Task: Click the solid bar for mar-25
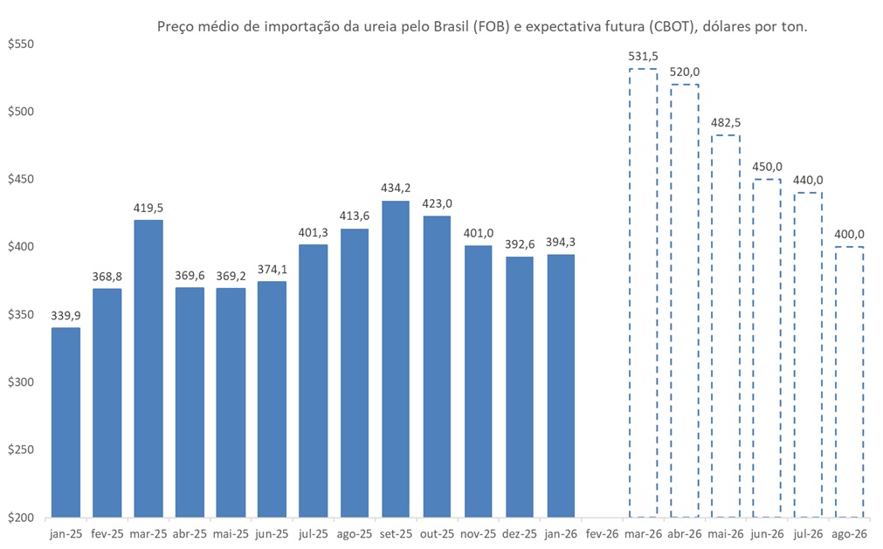pyautogui.click(x=148, y=368)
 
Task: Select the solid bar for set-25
pyautogui.click(x=396, y=359)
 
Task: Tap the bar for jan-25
pyautogui.click(x=66, y=422)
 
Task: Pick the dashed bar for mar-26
pyautogui.click(x=643, y=292)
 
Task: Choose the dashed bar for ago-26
pyautogui.click(x=850, y=381)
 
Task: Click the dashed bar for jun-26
pyautogui.click(x=767, y=347)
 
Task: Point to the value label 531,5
pyautogui.click(x=643, y=57)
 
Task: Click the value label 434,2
pyautogui.click(x=396, y=189)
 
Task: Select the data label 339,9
pyautogui.click(x=66, y=315)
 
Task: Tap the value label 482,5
pyautogui.click(x=726, y=123)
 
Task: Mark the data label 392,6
pyautogui.click(x=520, y=244)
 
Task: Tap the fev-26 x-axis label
pyautogui.click(x=602, y=533)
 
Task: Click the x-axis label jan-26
pyautogui.click(x=561, y=533)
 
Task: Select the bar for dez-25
pyautogui.click(x=520, y=387)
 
